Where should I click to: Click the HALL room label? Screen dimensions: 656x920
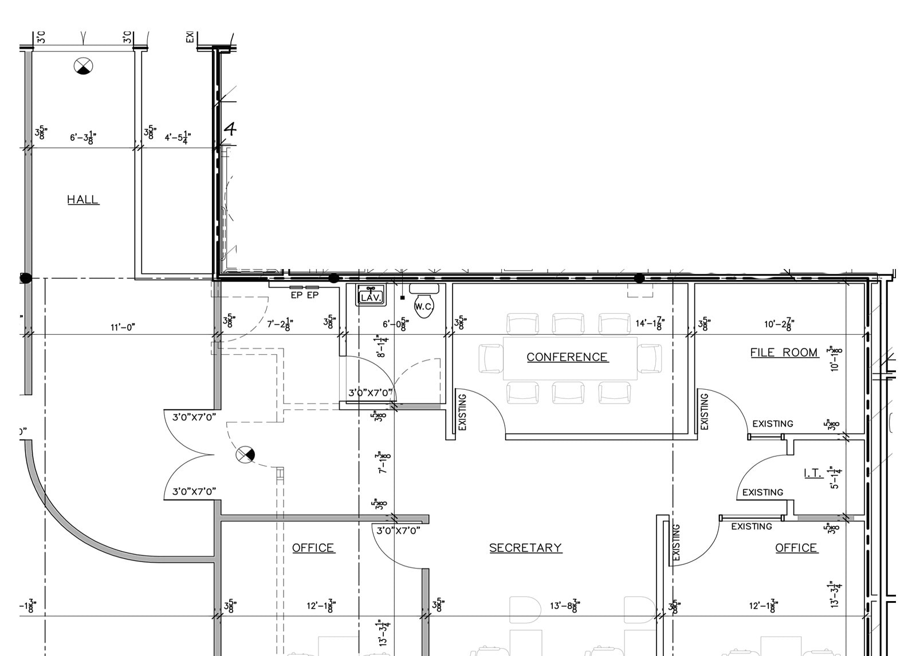(x=83, y=199)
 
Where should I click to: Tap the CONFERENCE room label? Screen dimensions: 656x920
(x=567, y=357)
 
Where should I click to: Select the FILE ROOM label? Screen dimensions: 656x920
(x=784, y=352)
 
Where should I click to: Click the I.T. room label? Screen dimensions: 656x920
(x=812, y=473)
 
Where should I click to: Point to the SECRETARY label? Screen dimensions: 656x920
(x=525, y=548)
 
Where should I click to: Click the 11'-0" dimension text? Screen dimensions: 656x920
(x=123, y=327)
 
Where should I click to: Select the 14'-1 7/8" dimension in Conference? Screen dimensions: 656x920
(x=650, y=324)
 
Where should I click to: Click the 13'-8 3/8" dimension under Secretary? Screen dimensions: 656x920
(x=565, y=605)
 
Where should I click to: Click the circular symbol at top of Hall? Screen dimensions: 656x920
(x=84, y=66)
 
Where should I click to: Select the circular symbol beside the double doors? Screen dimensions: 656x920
(x=245, y=455)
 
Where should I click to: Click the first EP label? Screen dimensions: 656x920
(x=296, y=295)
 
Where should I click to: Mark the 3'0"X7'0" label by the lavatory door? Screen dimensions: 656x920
(x=371, y=393)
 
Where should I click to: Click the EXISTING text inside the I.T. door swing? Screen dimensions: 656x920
(x=762, y=492)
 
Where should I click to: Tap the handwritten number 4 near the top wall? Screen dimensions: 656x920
(x=230, y=128)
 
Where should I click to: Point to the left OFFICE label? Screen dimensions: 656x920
(x=313, y=548)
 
